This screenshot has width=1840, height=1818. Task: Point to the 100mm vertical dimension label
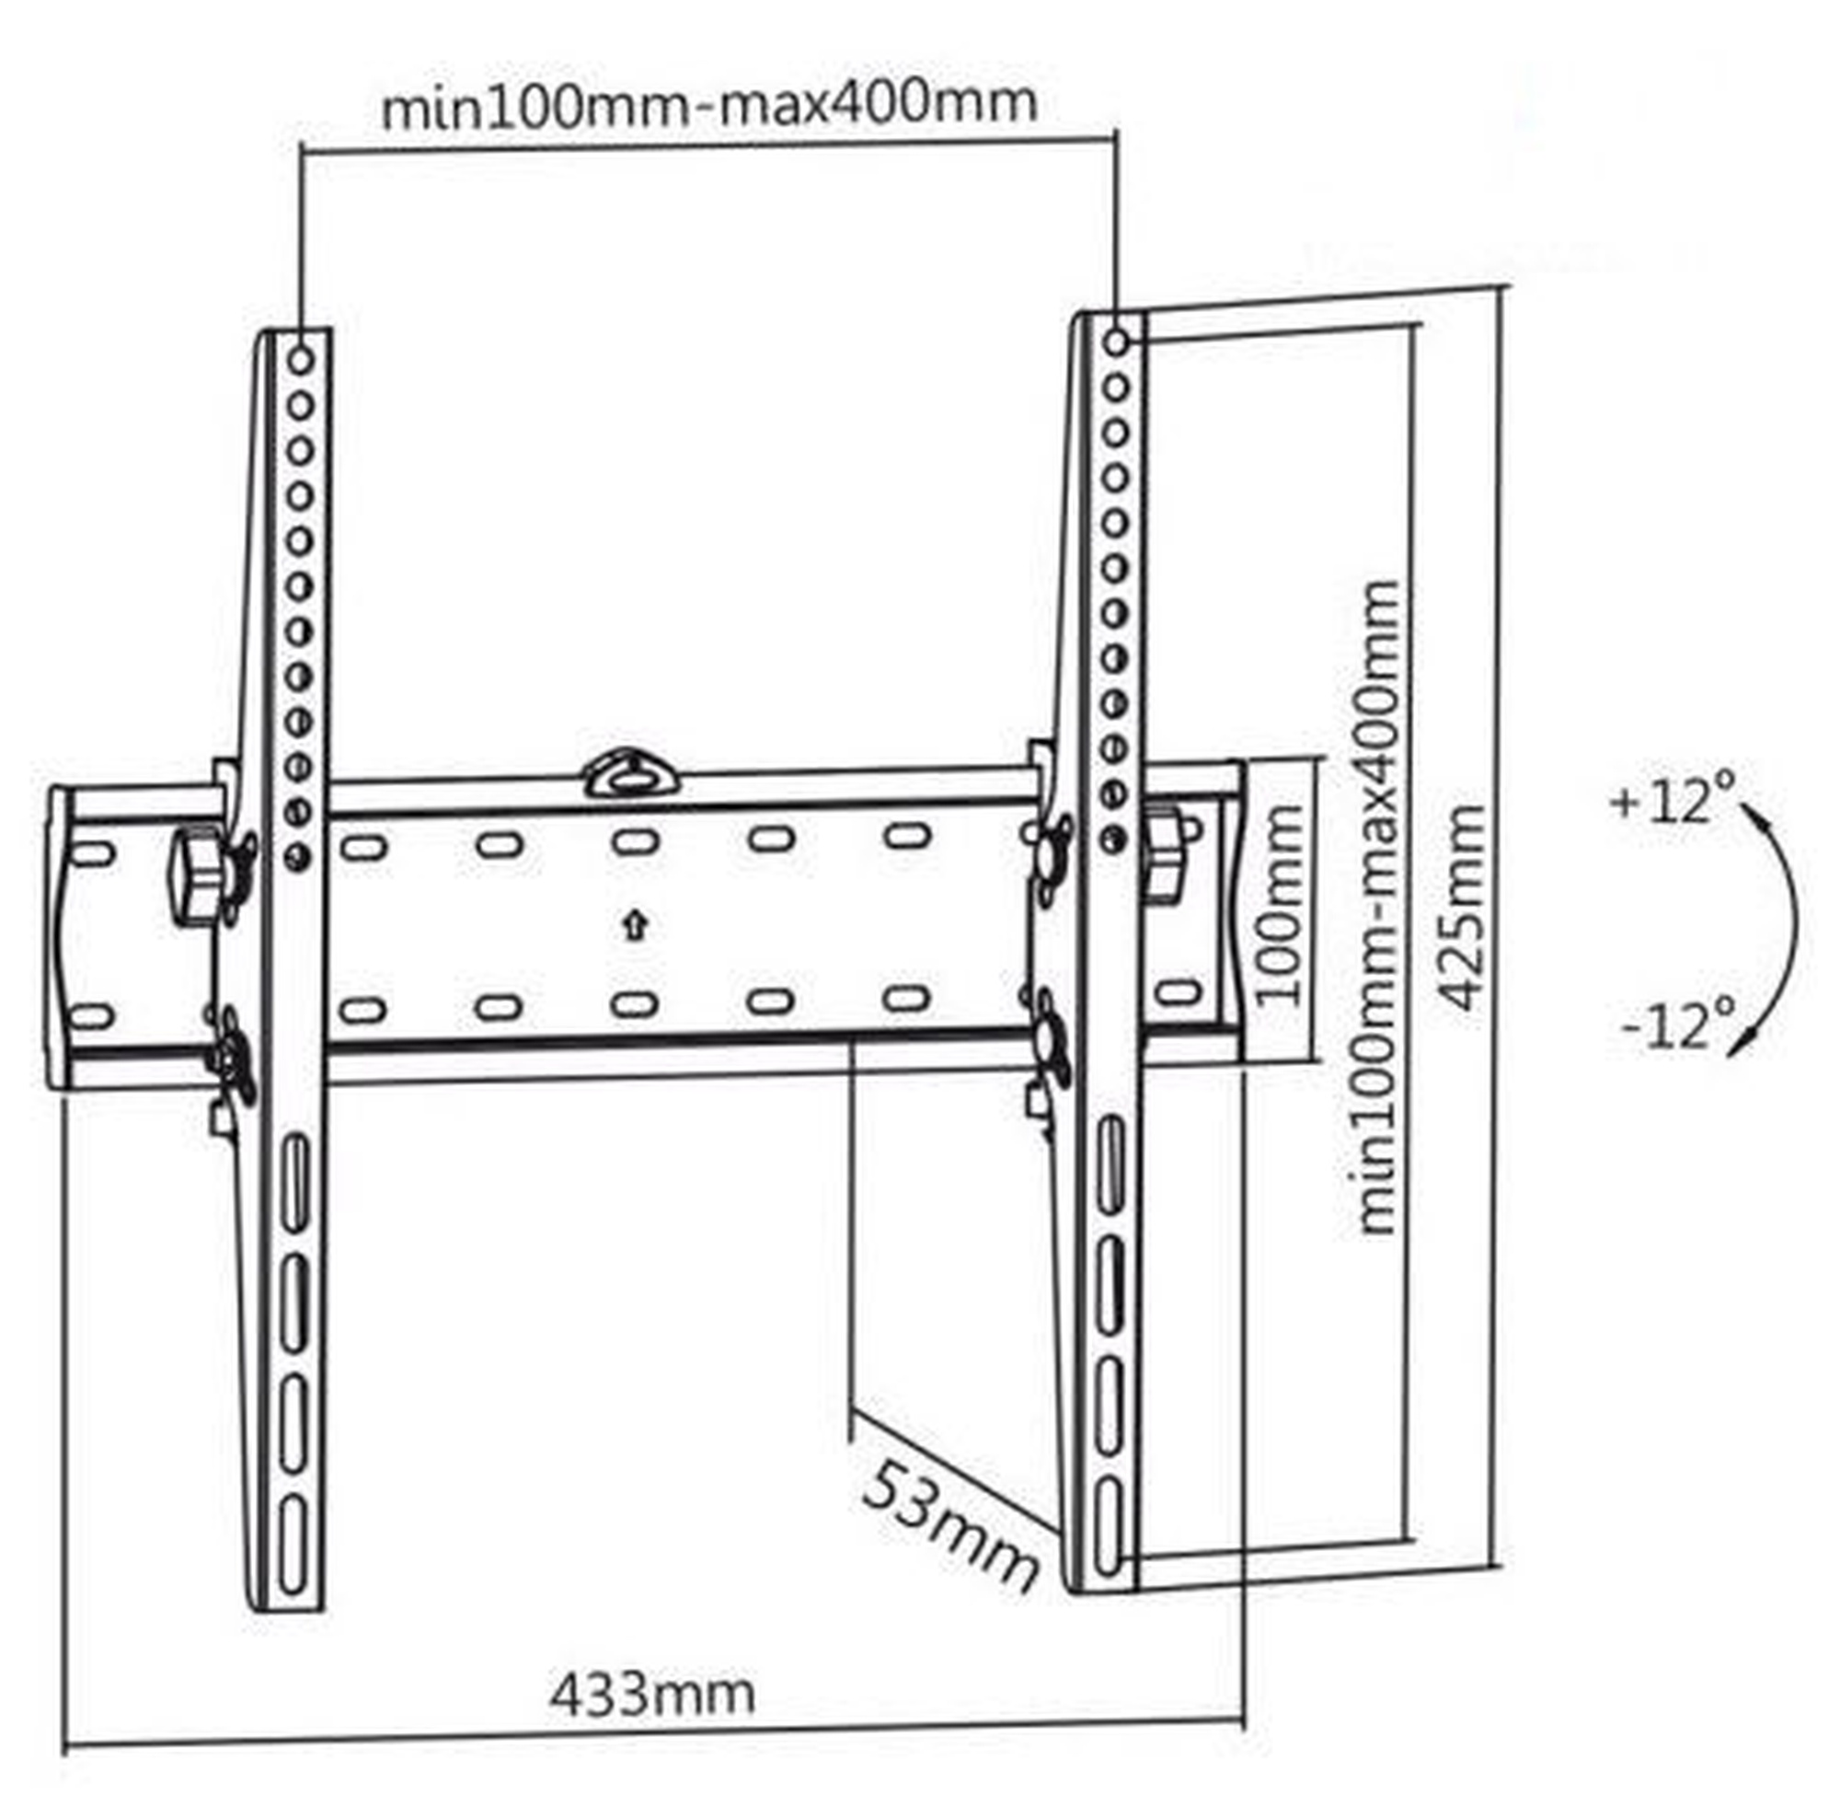pyautogui.click(x=1277, y=904)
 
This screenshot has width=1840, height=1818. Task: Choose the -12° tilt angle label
pyautogui.click(x=1678, y=1025)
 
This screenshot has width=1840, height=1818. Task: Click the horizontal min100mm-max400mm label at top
pyautogui.click(x=708, y=105)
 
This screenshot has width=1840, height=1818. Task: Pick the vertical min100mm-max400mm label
pyautogui.click(x=1376, y=907)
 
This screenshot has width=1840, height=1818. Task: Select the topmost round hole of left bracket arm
pyautogui.click(x=301, y=360)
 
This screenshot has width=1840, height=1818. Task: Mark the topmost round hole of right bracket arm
pyautogui.click(x=1117, y=341)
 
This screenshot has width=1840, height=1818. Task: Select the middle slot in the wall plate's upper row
pyautogui.click(x=635, y=842)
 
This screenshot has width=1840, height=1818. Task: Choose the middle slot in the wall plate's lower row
pyautogui.click(x=635, y=1005)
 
